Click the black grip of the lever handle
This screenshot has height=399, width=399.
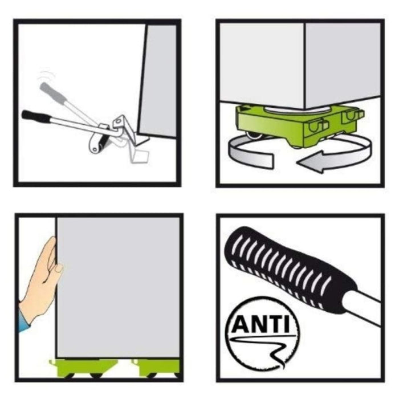[x=36, y=116]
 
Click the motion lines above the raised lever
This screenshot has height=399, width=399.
[x=46, y=76]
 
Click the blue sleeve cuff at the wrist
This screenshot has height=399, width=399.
[x=23, y=319]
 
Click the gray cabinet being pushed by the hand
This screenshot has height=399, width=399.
[x=118, y=287]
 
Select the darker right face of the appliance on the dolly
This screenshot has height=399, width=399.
[x=343, y=64]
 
